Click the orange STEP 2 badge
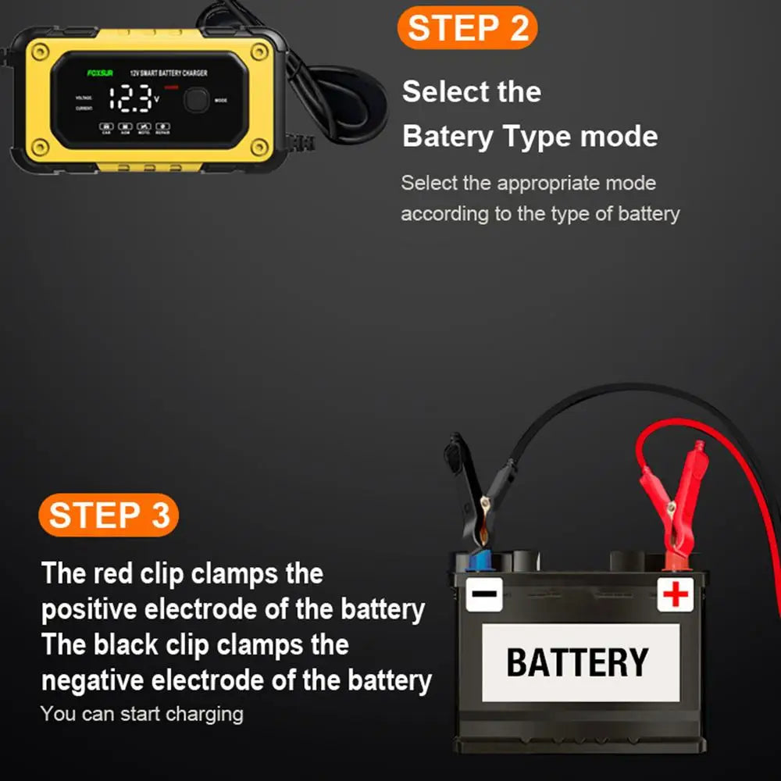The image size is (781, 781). click(467, 28)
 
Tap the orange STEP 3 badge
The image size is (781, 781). click(109, 516)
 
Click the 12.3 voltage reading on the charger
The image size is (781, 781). click(130, 99)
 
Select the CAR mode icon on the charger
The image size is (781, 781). click(106, 127)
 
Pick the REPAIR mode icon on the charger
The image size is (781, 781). click(162, 127)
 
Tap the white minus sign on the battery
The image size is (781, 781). click(484, 595)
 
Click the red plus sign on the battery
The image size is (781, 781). click(676, 595)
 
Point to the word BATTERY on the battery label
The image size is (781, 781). click(577, 663)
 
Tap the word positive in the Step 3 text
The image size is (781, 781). click(91, 608)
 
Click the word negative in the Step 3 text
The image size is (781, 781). click(94, 680)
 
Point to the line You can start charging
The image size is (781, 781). click(141, 713)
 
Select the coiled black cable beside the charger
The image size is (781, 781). click(344, 102)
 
